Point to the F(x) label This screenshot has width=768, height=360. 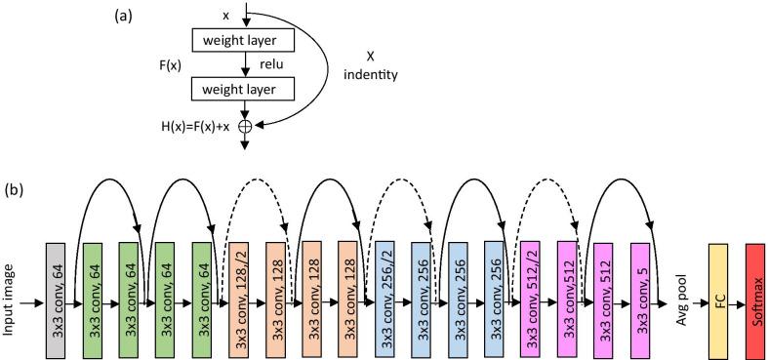coord(174,65)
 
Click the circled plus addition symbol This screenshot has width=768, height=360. coord(245,125)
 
